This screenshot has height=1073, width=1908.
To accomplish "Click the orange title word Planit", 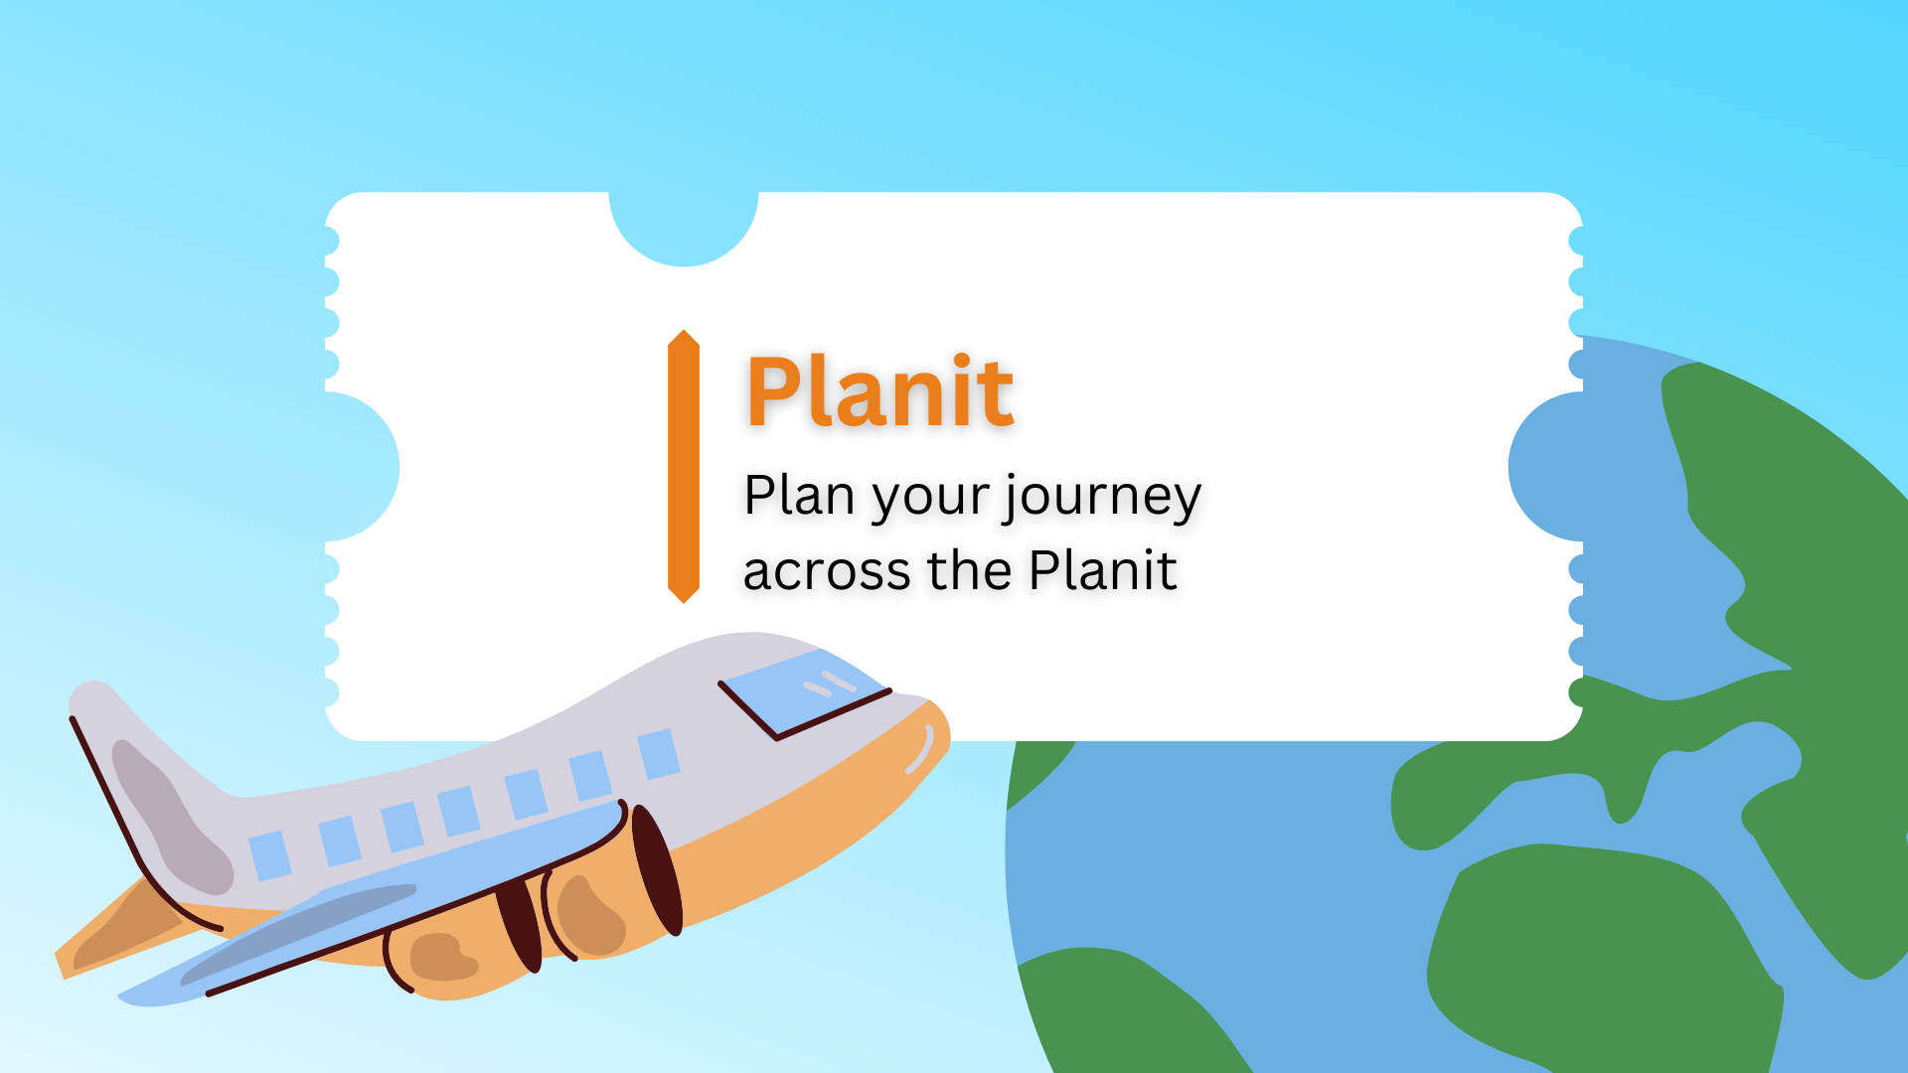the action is tap(880, 391).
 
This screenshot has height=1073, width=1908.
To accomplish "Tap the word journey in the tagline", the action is tap(1102, 498).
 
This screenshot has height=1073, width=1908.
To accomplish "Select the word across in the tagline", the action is tap(827, 571).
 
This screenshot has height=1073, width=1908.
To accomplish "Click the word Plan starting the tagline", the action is tap(799, 495).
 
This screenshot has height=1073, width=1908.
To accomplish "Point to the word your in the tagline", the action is tap(930, 501).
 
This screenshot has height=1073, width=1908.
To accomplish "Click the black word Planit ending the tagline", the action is tap(1103, 569).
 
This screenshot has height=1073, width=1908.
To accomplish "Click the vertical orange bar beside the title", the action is tap(684, 466).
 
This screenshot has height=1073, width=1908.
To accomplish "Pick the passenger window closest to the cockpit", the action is tap(658, 754).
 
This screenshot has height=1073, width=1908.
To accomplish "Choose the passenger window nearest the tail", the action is tap(269, 856).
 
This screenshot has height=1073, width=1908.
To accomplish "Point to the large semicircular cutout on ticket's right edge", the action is tap(1544, 467).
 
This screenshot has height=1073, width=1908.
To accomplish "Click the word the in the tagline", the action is tap(969, 570).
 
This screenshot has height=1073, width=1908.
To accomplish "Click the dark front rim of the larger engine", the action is tap(657, 870).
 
